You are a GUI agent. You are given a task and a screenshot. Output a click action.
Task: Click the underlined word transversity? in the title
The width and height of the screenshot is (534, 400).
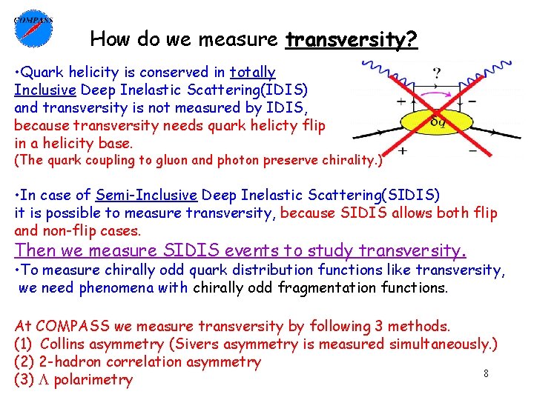click(352, 39)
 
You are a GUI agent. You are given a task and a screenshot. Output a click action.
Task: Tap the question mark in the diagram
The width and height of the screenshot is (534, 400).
click(437, 74)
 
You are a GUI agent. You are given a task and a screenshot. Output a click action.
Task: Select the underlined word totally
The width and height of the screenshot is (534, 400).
click(253, 73)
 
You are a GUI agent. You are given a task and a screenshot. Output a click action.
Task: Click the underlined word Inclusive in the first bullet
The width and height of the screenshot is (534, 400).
click(44, 90)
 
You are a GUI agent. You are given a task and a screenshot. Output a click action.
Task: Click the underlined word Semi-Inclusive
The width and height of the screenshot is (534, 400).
click(146, 196)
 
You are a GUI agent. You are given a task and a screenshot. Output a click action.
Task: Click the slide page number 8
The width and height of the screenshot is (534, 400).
click(486, 374)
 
